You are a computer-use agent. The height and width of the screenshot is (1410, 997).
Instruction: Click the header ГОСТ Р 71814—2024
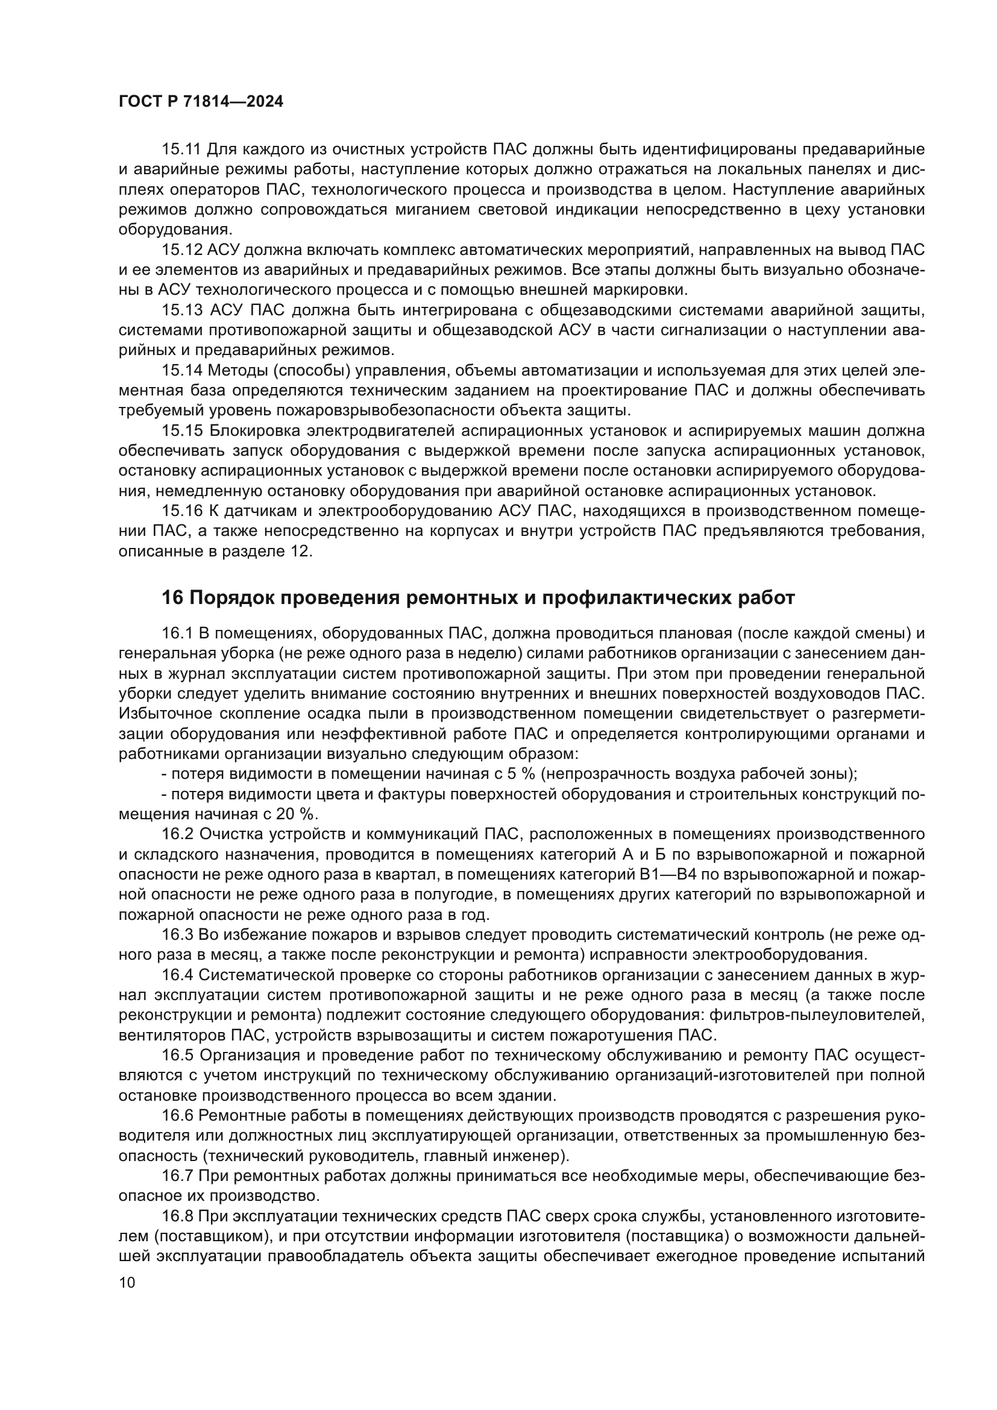click(201, 102)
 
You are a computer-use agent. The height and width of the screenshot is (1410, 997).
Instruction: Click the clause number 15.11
click(181, 149)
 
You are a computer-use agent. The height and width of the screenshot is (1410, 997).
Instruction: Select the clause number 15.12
click(181, 250)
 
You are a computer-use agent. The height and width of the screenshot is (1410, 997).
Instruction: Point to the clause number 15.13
click(181, 310)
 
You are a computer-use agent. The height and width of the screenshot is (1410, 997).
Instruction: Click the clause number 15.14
click(181, 370)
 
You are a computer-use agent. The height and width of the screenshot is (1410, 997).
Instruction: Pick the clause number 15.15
click(181, 430)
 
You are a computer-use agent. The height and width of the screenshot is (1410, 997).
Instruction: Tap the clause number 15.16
click(181, 511)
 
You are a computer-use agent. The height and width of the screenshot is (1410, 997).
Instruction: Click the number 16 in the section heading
click(172, 597)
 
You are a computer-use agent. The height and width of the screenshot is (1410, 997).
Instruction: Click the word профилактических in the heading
click(631, 597)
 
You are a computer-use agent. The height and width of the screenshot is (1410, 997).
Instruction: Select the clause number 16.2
click(177, 834)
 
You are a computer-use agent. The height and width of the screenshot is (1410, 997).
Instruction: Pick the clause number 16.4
click(177, 975)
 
